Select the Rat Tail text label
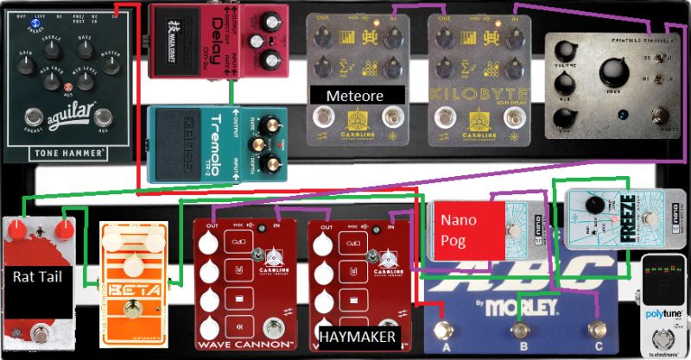coord(37,277)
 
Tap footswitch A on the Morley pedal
coord(445,332)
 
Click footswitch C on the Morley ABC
coord(594,331)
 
